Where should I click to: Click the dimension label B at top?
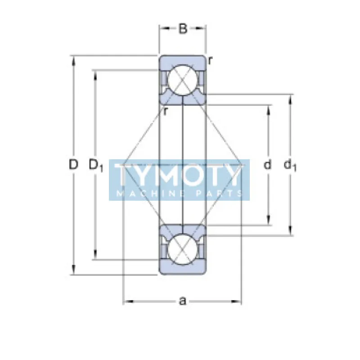(x=182, y=29)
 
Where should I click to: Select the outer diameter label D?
(x=73, y=165)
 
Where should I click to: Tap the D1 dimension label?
(x=96, y=166)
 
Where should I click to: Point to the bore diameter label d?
(x=268, y=165)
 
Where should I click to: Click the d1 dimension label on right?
(x=290, y=166)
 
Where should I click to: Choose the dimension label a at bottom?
(x=182, y=301)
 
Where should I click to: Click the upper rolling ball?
(x=182, y=80)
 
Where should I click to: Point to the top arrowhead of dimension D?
(x=73, y=59)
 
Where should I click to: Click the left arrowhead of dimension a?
(x=126, y=301)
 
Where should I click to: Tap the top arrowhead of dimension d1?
(x=290, y=98)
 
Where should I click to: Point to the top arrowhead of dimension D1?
(x=95, y=73)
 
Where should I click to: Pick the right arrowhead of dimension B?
(x=203, y=29)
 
